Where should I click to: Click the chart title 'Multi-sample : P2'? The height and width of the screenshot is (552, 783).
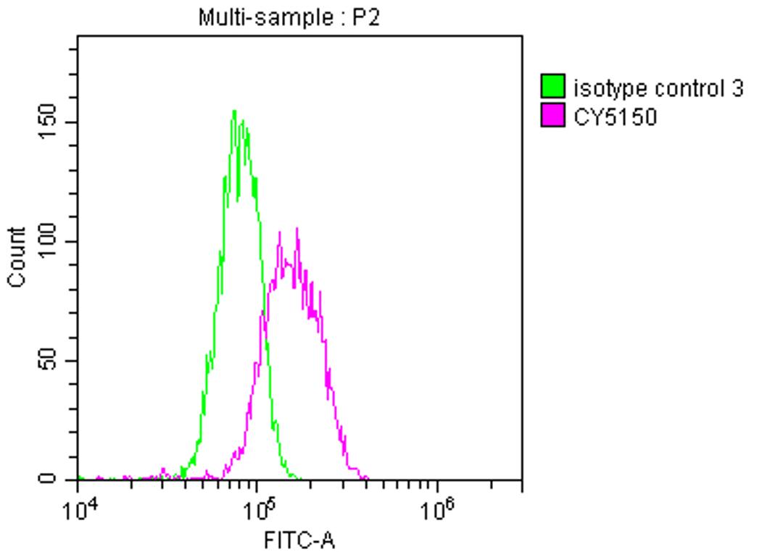pyautogui.click(x=289, y=18)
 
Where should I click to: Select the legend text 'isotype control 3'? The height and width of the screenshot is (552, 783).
pyautogui.click(x=658, y=88)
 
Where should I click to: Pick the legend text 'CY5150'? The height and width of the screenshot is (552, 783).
pyautogui.click(x=616, y=117)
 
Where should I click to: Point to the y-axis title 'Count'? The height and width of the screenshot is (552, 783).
pyautogui.click(x=17, y=257)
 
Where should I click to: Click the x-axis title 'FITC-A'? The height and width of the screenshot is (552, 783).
pyautogui.click(x=300, y=540)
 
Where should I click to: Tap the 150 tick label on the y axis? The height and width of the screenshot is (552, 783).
pyautogui.click(x=48, y=122)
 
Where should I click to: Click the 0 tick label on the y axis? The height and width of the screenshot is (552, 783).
pyautogui.click(x=48, y=479)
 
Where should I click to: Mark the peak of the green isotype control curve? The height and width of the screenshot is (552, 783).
pyautogui.click(x=234, y=112)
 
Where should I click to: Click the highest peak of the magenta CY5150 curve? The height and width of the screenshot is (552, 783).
pyautogui.click(x=297, y=229)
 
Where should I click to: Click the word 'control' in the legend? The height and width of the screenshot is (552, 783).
pyautogui.click(x=683, y=88)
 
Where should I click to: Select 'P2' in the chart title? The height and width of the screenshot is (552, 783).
pyautogui.click(x=365, y=18)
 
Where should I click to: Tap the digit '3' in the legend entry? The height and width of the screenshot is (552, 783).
pyautogui.click(x=737, y=88)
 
